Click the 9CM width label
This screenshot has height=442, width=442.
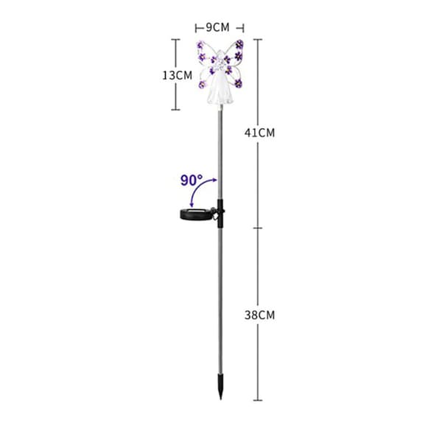pyautogui.click(x=217, y=28)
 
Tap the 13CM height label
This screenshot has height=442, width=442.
pyautogui.click(x=178, y=76)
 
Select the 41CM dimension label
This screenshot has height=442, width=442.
pyautogui.click(x=259, y=133)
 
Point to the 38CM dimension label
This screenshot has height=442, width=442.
pyautogui.click(x=259, y=315)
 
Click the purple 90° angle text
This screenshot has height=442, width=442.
pyautogui.click(x=192, y=180)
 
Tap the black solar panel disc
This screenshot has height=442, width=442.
pyautogui.click(x=196, y=214)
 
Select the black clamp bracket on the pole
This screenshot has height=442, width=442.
pyautogui.click(x=220, y=214)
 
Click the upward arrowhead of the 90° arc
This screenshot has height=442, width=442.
pyautogui.click(x=215, y=180)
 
